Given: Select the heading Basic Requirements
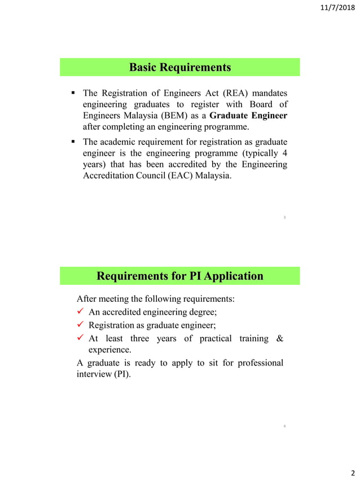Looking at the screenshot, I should pyautogui.click(x=180, y=68).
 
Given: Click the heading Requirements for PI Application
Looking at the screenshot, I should pyautogui.click(x=180, y=276).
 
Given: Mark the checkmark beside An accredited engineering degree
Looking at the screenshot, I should pyautogui.click(x=81, y=312).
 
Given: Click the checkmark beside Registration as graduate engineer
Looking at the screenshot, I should pyautogui.click(x=81, y=325).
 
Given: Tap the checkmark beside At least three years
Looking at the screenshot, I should pyautogui.click(x=81, y=338).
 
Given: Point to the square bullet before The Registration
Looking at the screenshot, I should pyautogui.click(x=73, y=93).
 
